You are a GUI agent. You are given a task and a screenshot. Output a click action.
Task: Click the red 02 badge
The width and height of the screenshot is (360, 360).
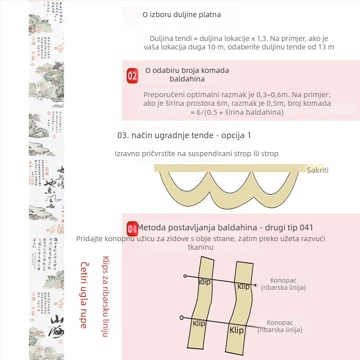coord(132,76)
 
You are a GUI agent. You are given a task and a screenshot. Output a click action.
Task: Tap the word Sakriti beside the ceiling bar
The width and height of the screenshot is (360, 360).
coord(318,170)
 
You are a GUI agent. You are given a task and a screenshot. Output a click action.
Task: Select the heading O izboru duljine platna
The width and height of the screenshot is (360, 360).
coord(182,14)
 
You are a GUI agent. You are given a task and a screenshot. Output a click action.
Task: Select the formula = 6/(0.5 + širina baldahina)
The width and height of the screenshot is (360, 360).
coord(237,112)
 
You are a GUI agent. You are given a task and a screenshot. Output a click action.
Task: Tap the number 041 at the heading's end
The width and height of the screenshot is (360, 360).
coord(306,227)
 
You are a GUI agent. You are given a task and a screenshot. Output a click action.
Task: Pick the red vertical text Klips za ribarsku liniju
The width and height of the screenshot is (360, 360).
coord(105,297)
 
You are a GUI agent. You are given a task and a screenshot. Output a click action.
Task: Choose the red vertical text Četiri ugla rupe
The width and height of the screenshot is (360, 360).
coord(84,295)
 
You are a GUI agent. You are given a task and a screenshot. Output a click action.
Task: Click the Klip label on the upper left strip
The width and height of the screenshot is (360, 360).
coord(204,282)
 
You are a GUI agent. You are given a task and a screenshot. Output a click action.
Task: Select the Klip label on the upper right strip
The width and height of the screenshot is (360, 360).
coord(243,286)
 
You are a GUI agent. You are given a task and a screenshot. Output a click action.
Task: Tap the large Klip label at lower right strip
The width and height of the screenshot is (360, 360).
coord(237,330)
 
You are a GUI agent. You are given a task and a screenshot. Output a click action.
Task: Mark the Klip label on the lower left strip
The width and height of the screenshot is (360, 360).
coord(199,323)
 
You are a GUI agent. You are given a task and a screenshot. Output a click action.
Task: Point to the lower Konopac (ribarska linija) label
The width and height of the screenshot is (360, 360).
coord(280,326)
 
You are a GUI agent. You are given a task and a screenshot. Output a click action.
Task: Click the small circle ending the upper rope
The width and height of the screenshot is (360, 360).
coord(185,275)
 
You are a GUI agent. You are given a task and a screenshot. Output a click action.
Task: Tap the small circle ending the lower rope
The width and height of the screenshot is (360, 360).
coord(181,317)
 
